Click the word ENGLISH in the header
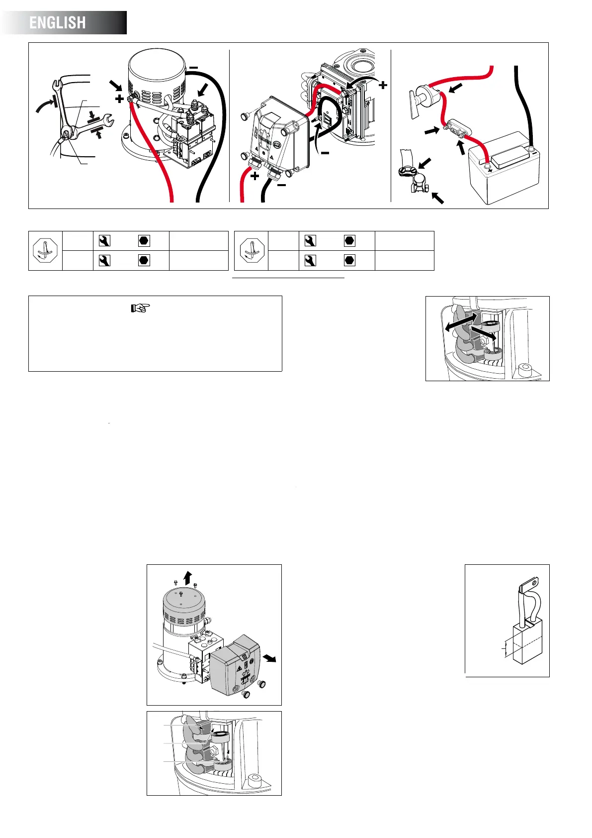coord(58,23)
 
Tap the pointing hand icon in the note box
coord(140,308)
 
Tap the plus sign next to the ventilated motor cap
coord(119,99)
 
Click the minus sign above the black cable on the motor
coord(193,68)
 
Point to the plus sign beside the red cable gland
coord(255,176)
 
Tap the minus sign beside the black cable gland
coord(281,185)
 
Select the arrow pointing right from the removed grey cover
coord(270,659)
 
